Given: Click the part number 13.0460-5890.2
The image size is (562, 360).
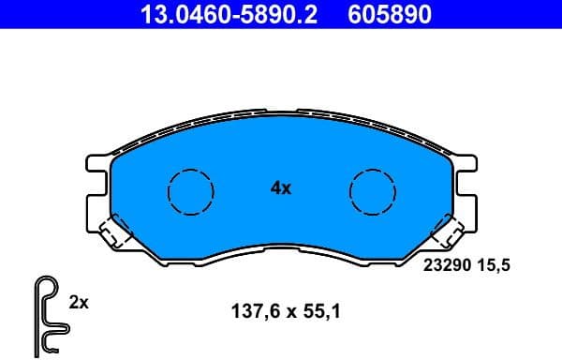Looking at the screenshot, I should (x=222, y=13).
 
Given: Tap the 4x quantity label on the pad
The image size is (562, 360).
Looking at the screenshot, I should (x=281, y=187).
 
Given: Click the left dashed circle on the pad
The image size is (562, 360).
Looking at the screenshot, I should (x=190, y=192).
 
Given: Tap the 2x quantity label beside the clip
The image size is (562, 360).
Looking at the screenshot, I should (x=79, y=302).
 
